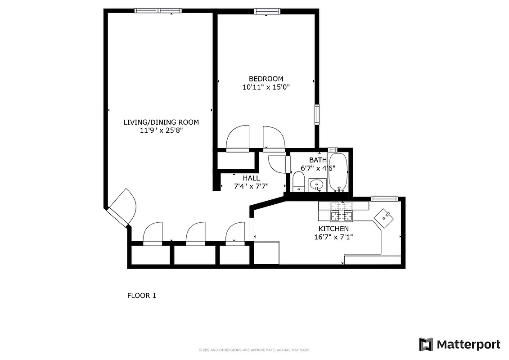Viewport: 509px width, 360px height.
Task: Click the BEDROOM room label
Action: pyautogui.click(x=266, y=79)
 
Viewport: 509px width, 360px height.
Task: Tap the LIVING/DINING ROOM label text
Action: pyautogui.click(x=161, y=122)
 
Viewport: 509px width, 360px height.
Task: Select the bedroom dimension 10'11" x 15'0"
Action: pyautogui.click(x=266, y=87)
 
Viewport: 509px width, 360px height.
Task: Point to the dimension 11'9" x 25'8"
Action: pyautogui.click(x=161, y=130)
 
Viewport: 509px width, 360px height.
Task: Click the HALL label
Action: pyautogui.click(x=251, y=178)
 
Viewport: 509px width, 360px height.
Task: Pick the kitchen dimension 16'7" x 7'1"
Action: pyautogui.click(x=333, y=237)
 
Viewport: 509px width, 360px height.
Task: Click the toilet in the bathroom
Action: pyautogui.click(x=298, y=182)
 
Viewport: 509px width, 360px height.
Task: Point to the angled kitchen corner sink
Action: pyautogui.click(x=385, y=217)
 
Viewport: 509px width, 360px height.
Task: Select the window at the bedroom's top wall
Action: pyautogui.click(x=267, y=11)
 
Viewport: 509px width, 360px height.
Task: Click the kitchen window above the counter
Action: pyautogui.click(x=384, y=198)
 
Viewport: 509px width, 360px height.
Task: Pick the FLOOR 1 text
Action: pyautogui.click(x=141, y=296)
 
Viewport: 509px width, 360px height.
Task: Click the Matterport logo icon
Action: pyautogui.click(x=426, y=344)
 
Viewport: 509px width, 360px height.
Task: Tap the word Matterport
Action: pyautogui.click(x=468, y=345)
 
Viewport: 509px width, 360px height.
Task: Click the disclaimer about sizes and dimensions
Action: pyautogui.click(x=254, y=350)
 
